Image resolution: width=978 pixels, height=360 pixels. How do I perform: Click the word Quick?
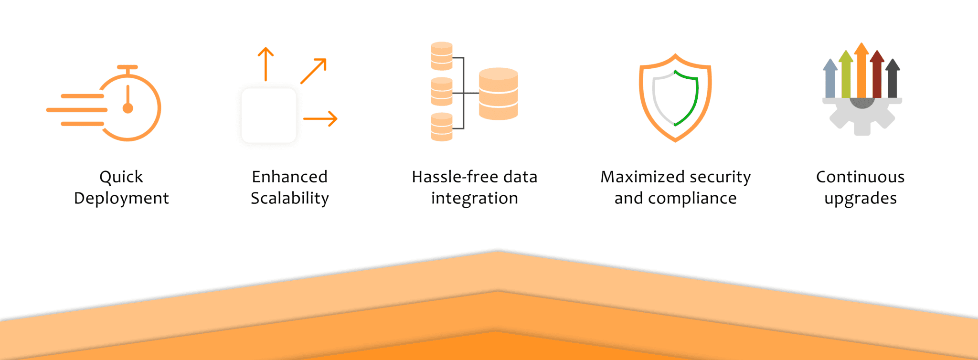pos(121,177)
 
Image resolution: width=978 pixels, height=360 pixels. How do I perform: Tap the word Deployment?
pos(121,198)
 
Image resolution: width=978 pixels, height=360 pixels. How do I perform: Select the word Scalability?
pos(289,198)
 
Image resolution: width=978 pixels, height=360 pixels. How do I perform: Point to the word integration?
pos(474,198)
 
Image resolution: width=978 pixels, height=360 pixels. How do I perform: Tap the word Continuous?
pos(860,177)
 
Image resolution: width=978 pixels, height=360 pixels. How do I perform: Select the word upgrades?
pos(860,198)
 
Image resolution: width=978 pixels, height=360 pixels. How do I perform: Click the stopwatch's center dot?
pos(128,108)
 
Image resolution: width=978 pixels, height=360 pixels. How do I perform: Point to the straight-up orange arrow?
pos(266,64)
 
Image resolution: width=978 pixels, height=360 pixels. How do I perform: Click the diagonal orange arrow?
pos(314,71)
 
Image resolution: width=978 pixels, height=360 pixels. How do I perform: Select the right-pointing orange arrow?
pos(320,118)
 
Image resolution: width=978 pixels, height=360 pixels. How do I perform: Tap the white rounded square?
pos(269,116)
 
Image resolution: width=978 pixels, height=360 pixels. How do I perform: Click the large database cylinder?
pos(498,94)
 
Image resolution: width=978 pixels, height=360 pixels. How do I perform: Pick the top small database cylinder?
pos(441,56)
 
